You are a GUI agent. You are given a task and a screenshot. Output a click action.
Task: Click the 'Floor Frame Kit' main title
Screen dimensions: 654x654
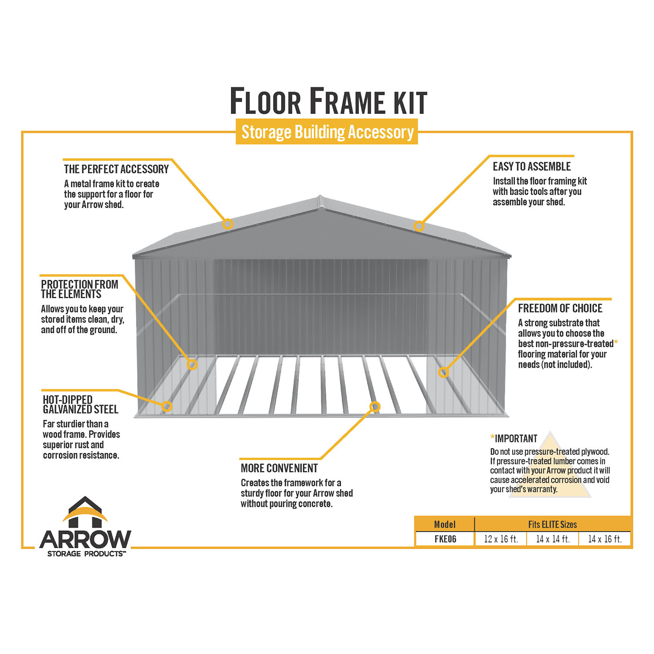[328, 101]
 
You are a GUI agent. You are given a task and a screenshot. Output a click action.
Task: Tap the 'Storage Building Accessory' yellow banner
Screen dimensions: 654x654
[327, 132]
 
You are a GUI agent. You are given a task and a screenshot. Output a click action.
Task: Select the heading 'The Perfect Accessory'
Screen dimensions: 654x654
[116, 169]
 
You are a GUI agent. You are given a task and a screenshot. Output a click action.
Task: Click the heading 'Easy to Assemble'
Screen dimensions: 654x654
[532, 166]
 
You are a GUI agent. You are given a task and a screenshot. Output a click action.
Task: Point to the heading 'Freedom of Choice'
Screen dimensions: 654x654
[560, 308]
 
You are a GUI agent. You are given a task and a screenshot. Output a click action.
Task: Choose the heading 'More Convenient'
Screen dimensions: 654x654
[279, 468]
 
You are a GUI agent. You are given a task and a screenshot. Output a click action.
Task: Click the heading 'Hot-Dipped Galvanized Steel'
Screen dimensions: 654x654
[80, 404]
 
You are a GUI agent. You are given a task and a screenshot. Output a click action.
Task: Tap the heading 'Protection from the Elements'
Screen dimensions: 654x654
[79, 289]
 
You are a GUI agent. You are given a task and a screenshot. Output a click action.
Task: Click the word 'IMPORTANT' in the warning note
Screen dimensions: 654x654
[516, 439]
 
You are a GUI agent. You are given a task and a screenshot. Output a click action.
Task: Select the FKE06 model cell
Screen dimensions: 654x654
[445, 539]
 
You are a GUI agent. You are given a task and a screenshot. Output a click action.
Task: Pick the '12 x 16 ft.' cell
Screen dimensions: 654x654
[501, 539]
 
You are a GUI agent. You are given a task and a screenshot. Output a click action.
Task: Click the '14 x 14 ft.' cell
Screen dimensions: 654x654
[553, 539]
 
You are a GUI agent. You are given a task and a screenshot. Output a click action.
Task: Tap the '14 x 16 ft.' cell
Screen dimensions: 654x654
[605, 539]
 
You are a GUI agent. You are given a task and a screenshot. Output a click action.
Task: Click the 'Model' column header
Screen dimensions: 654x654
[445, 525]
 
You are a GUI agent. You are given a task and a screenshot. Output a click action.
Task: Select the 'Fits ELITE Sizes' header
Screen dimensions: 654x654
[552, 525]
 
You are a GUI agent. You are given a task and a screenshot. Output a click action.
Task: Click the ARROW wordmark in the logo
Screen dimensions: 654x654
[85, 539]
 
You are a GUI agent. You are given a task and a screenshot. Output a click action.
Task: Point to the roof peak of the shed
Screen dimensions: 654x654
[320, 196]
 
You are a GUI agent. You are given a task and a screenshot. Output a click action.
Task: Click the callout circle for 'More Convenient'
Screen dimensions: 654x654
[375, 406]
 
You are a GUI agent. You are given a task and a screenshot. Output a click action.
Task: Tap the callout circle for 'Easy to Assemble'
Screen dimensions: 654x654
[419, 226]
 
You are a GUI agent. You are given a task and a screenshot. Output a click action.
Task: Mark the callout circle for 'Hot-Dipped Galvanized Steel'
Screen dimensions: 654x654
[166, 406]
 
